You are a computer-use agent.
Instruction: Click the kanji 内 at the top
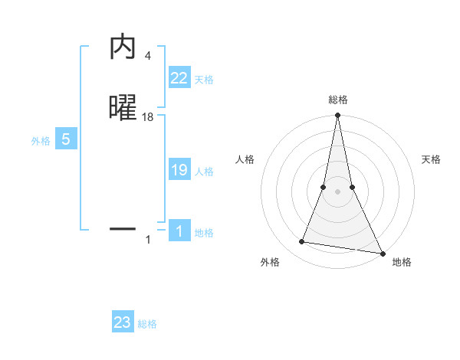[123, 48]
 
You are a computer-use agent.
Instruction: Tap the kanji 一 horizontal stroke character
[123, 228]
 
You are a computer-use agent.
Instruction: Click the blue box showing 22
[179, 78]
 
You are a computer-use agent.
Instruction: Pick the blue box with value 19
[179, 170]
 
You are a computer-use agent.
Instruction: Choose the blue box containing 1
[179, 231]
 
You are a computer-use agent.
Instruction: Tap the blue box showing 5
[66, 139]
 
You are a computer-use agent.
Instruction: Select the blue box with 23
[123, 322]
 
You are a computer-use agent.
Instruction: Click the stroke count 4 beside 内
[147, 56]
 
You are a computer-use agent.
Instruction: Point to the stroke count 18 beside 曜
[148, 117]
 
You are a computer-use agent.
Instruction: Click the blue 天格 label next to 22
[204, 80]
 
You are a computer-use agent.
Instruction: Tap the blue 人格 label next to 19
[204, 172]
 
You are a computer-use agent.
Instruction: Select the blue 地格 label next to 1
[204, 233]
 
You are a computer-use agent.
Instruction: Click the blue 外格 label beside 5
[41, 141]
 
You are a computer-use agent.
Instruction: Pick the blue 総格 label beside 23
[147, 324]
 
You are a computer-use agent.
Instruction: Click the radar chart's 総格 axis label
[337, 100]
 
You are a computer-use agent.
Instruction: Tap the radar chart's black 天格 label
[431, 159]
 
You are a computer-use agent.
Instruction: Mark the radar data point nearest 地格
[382, 253]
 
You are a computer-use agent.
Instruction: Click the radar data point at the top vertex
[337, 116]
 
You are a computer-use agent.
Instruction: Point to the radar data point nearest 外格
[302, 242]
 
